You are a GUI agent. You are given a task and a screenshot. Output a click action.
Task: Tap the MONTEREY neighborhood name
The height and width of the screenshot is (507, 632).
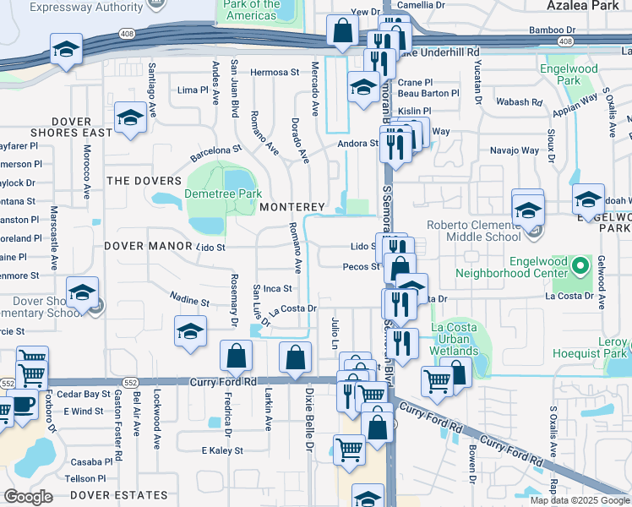click(x=292, y=207)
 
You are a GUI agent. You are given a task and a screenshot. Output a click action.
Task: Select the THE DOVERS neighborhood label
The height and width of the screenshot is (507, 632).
click(x=144, y=181)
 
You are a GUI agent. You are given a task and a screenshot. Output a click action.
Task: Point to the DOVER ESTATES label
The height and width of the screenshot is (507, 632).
click(x=119, y=494)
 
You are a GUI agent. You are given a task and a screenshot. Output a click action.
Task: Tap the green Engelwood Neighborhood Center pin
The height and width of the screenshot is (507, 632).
click(x=580, y=267)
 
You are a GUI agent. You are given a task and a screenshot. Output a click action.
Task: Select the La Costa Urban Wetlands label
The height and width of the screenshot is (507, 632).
click(x=460, y=339)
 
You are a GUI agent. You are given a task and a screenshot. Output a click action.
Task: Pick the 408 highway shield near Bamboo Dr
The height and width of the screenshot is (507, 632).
click(x=565, y=40)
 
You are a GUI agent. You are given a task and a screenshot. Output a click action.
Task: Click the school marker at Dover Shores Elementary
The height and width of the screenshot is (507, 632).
click(x=83, y=293)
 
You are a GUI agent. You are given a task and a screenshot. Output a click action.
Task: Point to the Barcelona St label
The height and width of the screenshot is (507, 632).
click(x=216, y=152)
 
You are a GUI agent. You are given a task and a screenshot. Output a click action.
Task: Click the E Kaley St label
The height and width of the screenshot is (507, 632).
click(x=221, y=451)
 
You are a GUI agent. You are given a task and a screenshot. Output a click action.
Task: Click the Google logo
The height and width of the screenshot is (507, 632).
click(x=28, y=497)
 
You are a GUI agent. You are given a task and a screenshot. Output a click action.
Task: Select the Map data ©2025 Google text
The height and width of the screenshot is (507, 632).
click(x=580, y=500)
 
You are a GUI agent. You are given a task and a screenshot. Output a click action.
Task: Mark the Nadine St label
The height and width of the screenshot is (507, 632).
click(x=189, y=299)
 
